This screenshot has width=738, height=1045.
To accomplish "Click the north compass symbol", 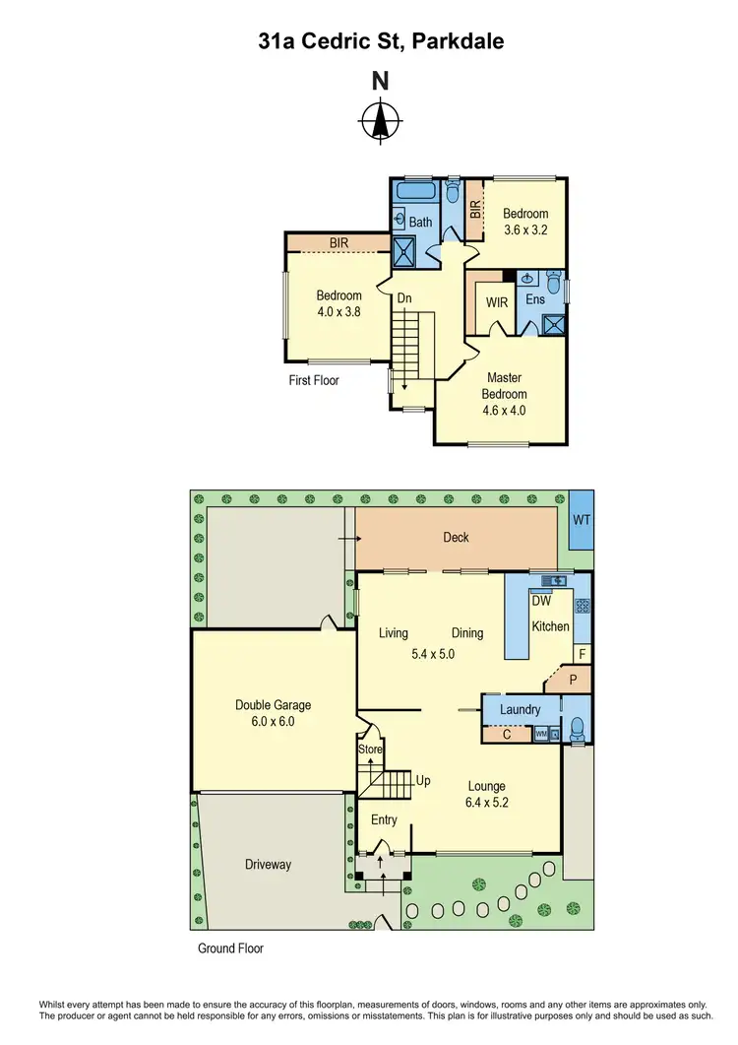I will [x=379, y=122].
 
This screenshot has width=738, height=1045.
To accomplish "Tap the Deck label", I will [x=456, y=537].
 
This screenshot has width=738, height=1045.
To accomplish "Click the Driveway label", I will [x=269, y=864].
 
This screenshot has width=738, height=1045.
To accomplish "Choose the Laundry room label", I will [x=520, y=708].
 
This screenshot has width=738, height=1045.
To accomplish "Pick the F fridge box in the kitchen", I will [x=582, y=653].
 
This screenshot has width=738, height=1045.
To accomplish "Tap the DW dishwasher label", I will [x=540, y=600].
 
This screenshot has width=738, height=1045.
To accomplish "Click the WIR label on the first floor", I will [x=497, y=302].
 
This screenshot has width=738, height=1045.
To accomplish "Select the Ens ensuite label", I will [x=535, y=300].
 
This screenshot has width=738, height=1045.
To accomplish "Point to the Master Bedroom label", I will [x=504, y=385].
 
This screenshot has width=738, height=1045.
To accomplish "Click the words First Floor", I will [x=315, y=379].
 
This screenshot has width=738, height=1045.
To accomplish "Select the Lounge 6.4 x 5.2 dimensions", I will [x=486, y=803].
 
